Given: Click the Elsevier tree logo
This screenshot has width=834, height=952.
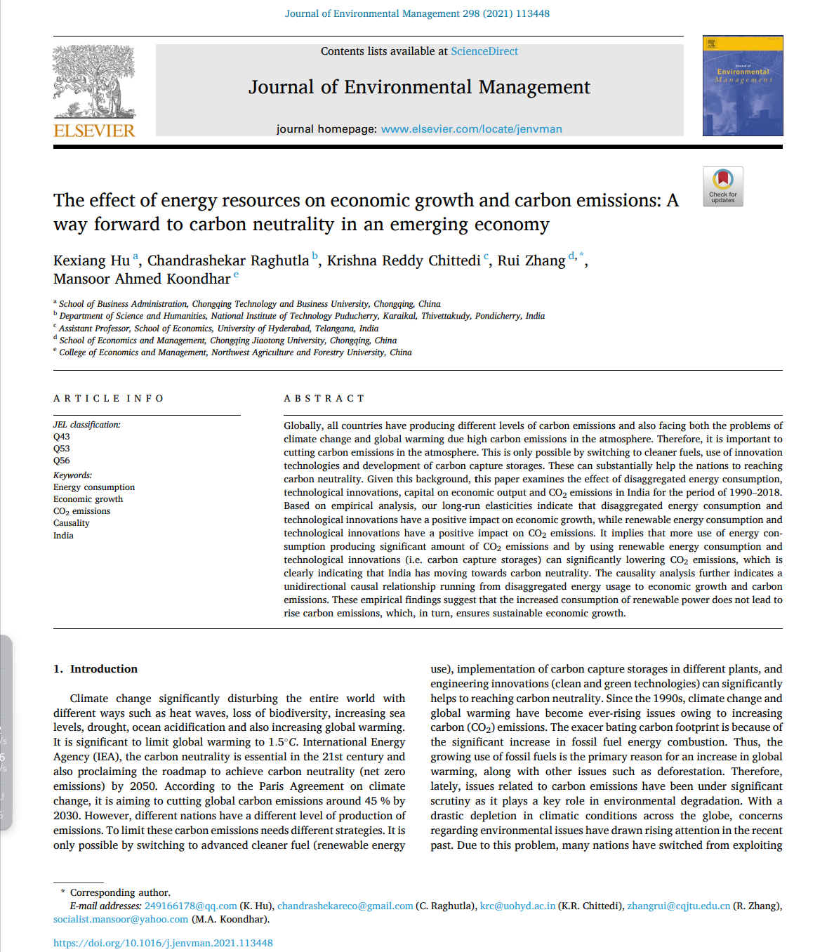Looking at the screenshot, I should pos(94,81).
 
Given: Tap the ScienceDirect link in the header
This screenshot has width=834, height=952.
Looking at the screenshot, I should pos(484,51).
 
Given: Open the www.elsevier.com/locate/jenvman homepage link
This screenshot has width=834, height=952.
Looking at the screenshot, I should pos(471,129).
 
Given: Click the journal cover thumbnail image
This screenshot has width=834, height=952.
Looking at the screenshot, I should pos(743,86).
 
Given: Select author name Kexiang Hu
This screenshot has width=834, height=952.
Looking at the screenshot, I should pos(91,261).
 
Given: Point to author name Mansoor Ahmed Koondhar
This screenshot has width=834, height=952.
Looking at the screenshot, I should pos(142,279).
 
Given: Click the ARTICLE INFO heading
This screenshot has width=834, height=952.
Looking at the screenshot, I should pos(109,399).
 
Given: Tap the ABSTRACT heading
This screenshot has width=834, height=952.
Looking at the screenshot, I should pos(324,399).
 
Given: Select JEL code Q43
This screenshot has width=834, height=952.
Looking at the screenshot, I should pos(62,437).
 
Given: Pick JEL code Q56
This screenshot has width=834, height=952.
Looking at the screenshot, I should pos(62,461).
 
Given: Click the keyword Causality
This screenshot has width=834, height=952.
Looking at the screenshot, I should pos(72,523).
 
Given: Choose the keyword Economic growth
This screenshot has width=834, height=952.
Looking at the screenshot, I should pos(88,499).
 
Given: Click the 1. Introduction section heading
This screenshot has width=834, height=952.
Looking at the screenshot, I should pos(95,669).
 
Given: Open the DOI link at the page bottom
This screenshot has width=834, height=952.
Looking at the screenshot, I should pos(163,943).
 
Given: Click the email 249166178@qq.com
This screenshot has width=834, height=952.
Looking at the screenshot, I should pos(190,906).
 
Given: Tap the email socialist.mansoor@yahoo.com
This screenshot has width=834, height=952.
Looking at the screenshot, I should pos(121,920).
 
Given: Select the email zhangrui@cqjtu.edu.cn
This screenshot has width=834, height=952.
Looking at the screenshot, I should pos(678,906).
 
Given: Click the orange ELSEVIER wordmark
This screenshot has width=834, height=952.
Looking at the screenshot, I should pos(94,131).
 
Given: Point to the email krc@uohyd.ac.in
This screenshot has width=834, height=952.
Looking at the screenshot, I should pos(517,906).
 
